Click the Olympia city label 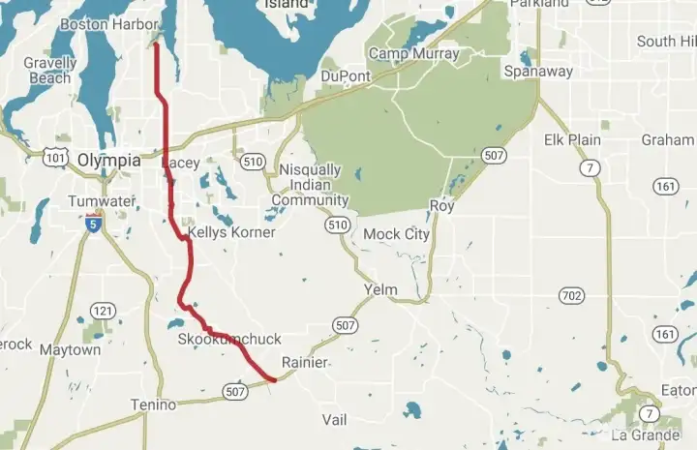108,160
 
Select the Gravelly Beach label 49,71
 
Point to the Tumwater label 97,201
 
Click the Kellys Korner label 231,232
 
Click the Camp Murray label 413,53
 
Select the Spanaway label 538,72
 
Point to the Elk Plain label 572,139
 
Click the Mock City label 396,234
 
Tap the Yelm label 380,289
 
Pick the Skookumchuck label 229,339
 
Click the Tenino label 153,405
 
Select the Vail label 334,420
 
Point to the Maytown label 70,350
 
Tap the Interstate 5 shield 92,225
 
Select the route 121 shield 103,311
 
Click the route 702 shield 572,294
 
